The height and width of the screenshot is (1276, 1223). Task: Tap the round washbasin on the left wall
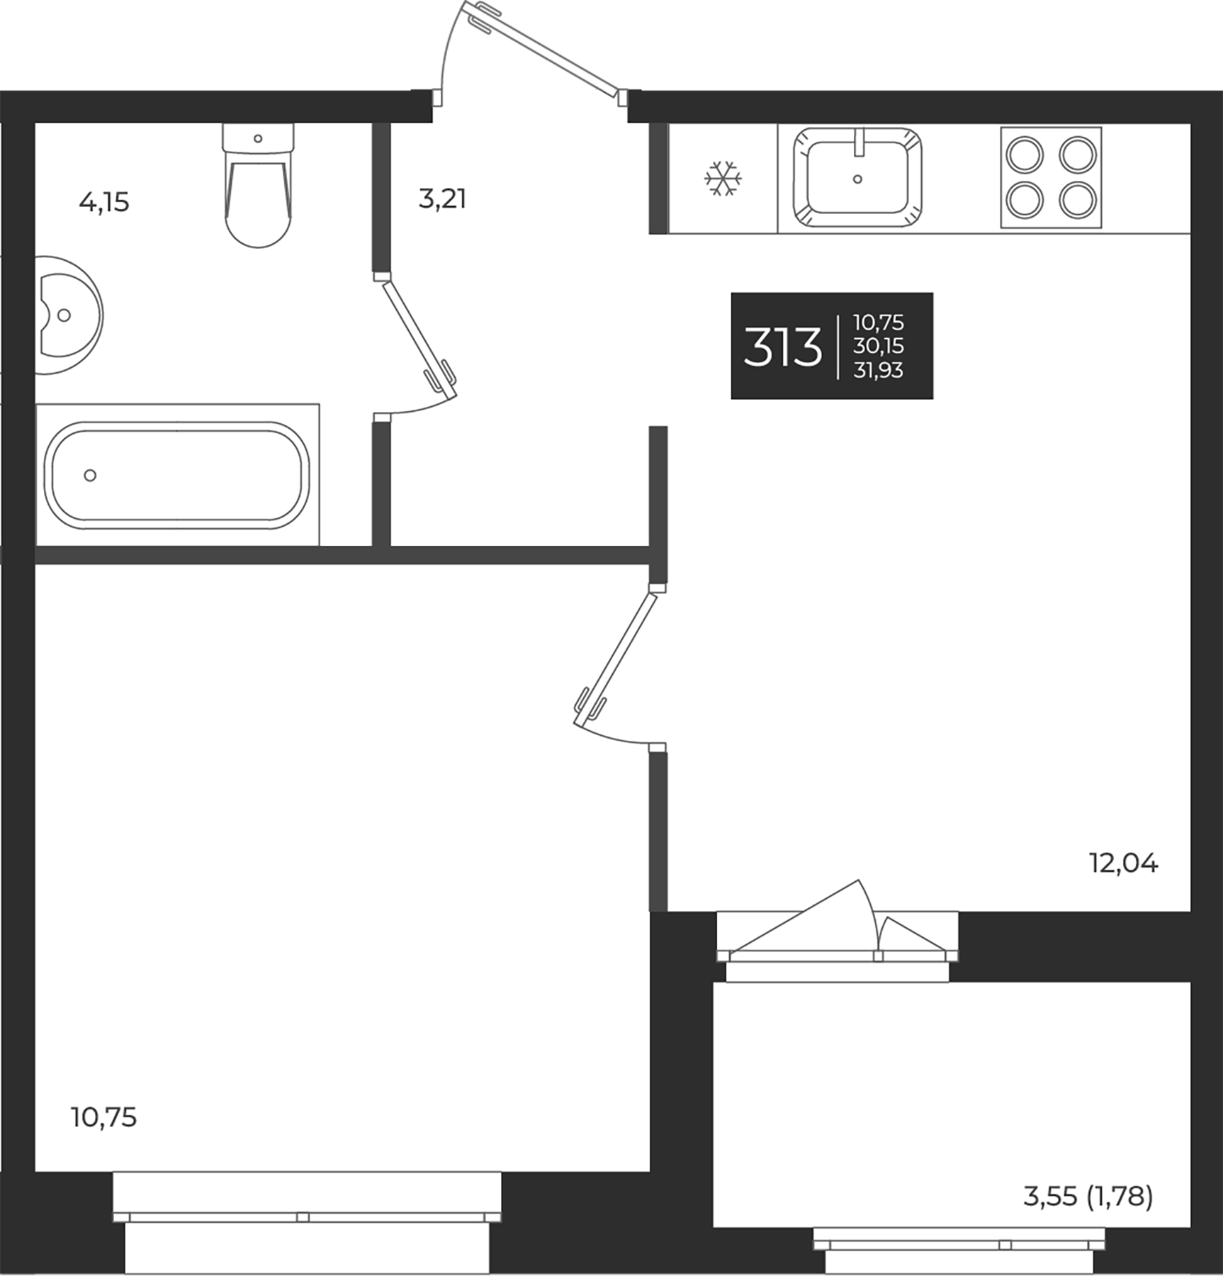click(67, 315)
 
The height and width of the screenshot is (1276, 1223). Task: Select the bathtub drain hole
click(90, 475)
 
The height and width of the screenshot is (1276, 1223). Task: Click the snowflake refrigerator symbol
click(723, 178)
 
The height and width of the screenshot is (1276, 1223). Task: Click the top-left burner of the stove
click(1025, 155)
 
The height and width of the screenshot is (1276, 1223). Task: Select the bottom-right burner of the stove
click(1078, 200)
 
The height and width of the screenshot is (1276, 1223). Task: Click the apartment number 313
click(782, 347)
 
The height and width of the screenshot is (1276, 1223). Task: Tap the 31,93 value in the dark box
click(878, 370)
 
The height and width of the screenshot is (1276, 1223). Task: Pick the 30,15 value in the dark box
click(878, 347)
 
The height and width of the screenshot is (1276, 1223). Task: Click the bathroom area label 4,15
click(104, 203)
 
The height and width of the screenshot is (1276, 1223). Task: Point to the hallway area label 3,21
click(442, 199)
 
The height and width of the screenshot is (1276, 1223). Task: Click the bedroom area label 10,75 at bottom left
click(103, 1117)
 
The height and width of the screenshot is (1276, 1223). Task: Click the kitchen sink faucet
click(860, 142)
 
